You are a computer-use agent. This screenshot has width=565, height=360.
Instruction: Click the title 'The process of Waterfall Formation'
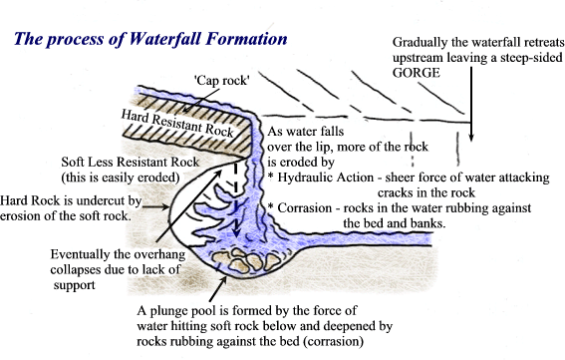coord(150,39)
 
